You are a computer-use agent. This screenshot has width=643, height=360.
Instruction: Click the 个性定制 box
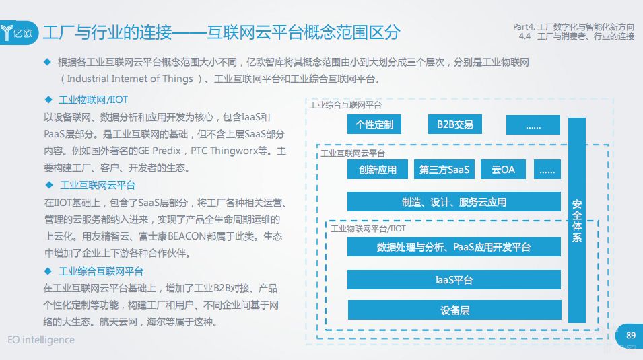point(374,124)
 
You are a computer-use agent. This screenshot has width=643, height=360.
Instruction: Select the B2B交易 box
point(454,124)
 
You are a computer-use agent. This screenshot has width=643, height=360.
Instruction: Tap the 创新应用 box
point(378,170)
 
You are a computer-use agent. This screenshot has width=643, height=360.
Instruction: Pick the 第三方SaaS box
point(444,170)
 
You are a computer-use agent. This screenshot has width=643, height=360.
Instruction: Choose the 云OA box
point(503,170)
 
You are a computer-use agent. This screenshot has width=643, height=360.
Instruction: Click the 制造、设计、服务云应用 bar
point(454,202)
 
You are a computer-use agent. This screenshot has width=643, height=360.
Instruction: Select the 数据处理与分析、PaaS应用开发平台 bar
point(454,247)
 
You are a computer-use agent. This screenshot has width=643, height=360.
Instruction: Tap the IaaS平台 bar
point(454,279)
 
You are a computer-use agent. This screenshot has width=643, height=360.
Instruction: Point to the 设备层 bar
point(454,310)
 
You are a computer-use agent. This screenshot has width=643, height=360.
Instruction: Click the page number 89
point(630,336)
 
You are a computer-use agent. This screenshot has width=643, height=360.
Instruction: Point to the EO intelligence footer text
point(42,340)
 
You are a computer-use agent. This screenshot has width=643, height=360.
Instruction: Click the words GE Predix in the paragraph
point(162,151)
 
